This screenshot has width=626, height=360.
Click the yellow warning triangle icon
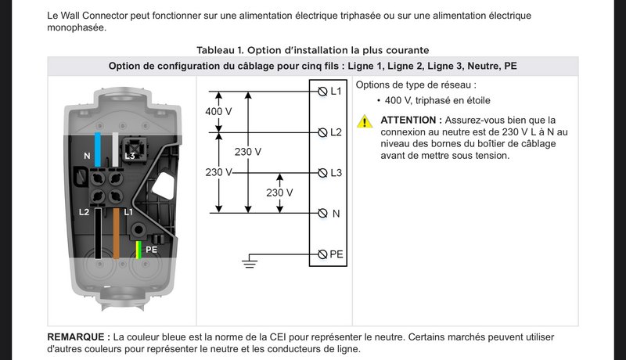(x=365, y=121)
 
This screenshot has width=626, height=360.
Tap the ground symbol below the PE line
(x=250, y=263)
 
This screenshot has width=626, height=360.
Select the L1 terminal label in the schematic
(x=336, y=92)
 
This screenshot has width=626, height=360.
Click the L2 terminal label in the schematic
(x=336, y=132)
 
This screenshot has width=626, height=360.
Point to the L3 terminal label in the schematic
(x=336, y=173)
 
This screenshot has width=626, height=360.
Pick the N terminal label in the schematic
(x=336, y=214)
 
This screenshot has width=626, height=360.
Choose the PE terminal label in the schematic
(x=336, y=254)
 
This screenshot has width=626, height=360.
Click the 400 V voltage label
(x=218, y=111)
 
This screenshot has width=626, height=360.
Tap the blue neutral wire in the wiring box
(x=97, y=149)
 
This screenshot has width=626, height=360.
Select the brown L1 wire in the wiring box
(x=116, y=233)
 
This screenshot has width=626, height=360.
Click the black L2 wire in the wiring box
(x=98, y=233)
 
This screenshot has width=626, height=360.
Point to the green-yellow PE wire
(x=139, y=250)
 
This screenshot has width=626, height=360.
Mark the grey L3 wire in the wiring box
(x=115, y=149)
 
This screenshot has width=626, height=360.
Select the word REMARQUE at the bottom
(x=76, y=337)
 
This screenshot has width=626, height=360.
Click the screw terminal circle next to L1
(x=322, y=92)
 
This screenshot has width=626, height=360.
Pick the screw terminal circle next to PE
(x=322, y=254)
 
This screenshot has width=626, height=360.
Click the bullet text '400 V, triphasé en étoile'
(x=437, y=101)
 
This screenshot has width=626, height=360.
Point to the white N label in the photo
(x=87, y=156)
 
